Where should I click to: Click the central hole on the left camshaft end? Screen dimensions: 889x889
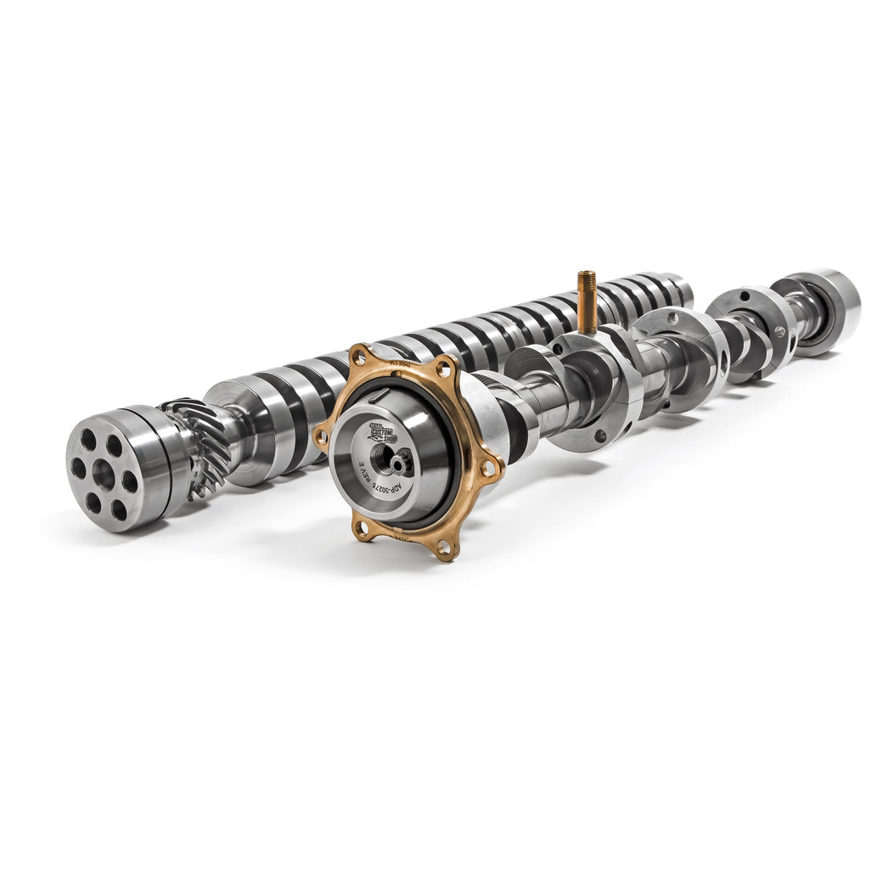pos(104,475)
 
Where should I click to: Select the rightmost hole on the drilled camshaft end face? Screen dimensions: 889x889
pos(129,481)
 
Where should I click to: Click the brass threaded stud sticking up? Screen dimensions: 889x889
pos(586,301)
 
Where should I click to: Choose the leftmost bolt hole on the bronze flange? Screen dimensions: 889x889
pos(321,436)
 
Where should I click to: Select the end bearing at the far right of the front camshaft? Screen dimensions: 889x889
pos(827,310)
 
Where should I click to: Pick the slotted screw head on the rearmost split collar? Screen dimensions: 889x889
pos(779,332)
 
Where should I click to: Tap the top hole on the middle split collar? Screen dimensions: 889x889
pos(672,317)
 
